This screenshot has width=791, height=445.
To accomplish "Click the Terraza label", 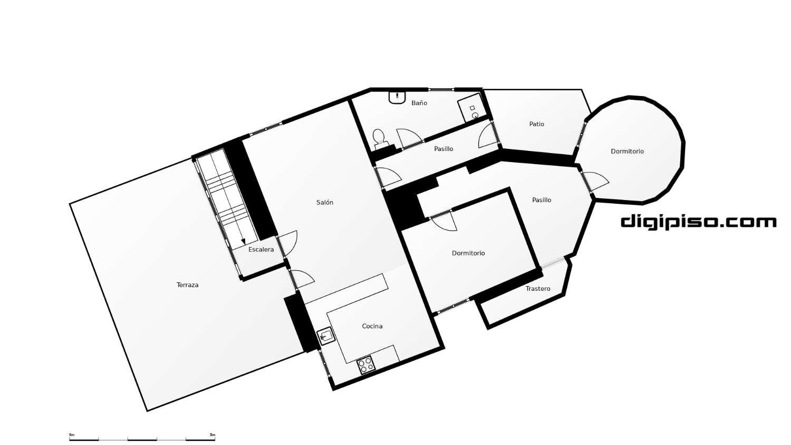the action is coord(187,285).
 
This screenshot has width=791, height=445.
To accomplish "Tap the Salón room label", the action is coord(324,203).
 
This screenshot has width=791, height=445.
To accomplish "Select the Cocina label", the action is coord(372,326).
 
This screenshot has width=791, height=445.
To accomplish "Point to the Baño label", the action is coord(419,103).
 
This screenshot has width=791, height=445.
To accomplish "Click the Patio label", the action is coord(536,124).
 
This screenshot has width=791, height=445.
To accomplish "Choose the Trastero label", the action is coord(538,289).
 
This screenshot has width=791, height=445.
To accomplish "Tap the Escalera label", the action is coord(261,250).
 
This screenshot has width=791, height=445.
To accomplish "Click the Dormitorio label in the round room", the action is coord(627,152).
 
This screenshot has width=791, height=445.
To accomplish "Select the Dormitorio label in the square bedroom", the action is coord(468,253).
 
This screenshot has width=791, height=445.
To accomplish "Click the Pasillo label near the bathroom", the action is coord(443,149).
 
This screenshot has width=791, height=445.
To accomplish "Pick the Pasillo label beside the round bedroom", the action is coord(542,200).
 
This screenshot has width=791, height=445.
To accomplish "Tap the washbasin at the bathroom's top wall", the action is coord(397,97).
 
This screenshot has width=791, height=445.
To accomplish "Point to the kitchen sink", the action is coord(325,336).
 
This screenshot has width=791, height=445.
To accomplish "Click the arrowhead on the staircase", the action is coord(243,241).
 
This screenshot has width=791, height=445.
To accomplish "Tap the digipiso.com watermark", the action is coord(699,222).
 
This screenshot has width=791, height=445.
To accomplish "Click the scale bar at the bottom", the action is coord(142,439).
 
